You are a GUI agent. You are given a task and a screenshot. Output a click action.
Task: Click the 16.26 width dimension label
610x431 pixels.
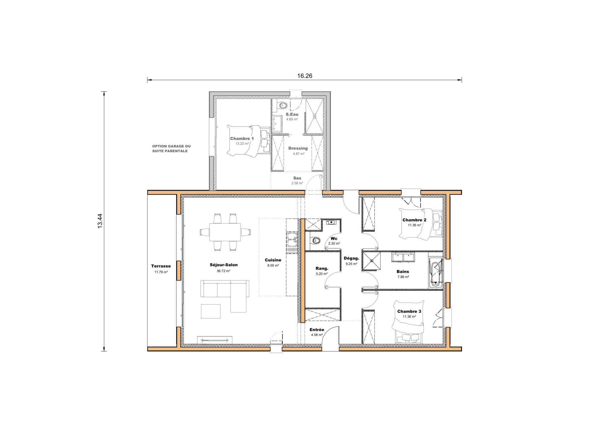[304, 76]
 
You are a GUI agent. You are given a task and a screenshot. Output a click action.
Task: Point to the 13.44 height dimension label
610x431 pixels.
[100, 221]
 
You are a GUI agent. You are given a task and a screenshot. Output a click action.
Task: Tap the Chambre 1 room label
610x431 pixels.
[242, 139]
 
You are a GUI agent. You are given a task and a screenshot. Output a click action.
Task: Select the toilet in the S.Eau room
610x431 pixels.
[281, 105]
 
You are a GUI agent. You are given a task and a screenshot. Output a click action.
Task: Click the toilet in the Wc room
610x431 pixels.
[315, 240]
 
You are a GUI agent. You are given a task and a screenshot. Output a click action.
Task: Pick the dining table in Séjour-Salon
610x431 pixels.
[225, 232]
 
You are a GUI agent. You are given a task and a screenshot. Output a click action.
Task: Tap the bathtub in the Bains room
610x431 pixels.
[435, 273]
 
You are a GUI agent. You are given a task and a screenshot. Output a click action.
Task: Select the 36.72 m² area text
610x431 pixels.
[223, 271]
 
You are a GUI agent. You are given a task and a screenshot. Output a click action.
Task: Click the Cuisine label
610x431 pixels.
[273, 260]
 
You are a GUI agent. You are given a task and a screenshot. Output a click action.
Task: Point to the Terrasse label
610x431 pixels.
[161, 266]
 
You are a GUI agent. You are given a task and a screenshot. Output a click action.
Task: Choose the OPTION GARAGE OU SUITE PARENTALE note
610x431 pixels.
[171, 149]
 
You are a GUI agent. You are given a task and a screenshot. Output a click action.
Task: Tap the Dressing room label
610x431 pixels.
[298, 148]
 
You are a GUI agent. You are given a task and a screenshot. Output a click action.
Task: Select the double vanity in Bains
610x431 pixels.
[403, 256]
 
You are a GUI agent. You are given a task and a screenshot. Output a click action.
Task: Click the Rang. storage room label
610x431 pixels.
[322, 268]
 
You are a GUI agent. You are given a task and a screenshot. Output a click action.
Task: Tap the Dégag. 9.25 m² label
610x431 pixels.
[351, 261]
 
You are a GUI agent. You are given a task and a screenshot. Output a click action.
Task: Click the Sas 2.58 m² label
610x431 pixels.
[297, 181]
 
